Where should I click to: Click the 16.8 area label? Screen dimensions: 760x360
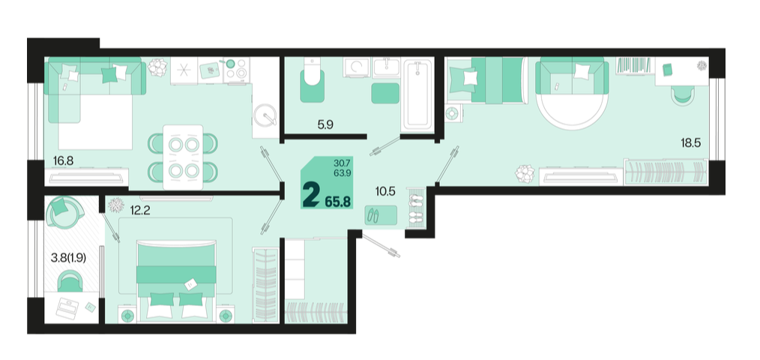[63, 160]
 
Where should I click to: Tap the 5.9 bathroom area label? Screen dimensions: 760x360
[325, 124]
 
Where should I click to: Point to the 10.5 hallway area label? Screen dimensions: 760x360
[385, 191]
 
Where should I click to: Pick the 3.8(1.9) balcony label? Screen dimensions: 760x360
[68, 258]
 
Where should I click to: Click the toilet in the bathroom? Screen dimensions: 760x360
[312, 80]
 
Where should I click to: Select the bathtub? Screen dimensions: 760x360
[417, 94]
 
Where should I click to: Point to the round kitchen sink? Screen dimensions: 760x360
[265, 115]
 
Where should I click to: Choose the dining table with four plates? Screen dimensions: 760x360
[183, 157]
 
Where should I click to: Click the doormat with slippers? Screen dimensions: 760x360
[381, 215]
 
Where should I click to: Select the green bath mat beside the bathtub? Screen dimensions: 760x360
[385, 93]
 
